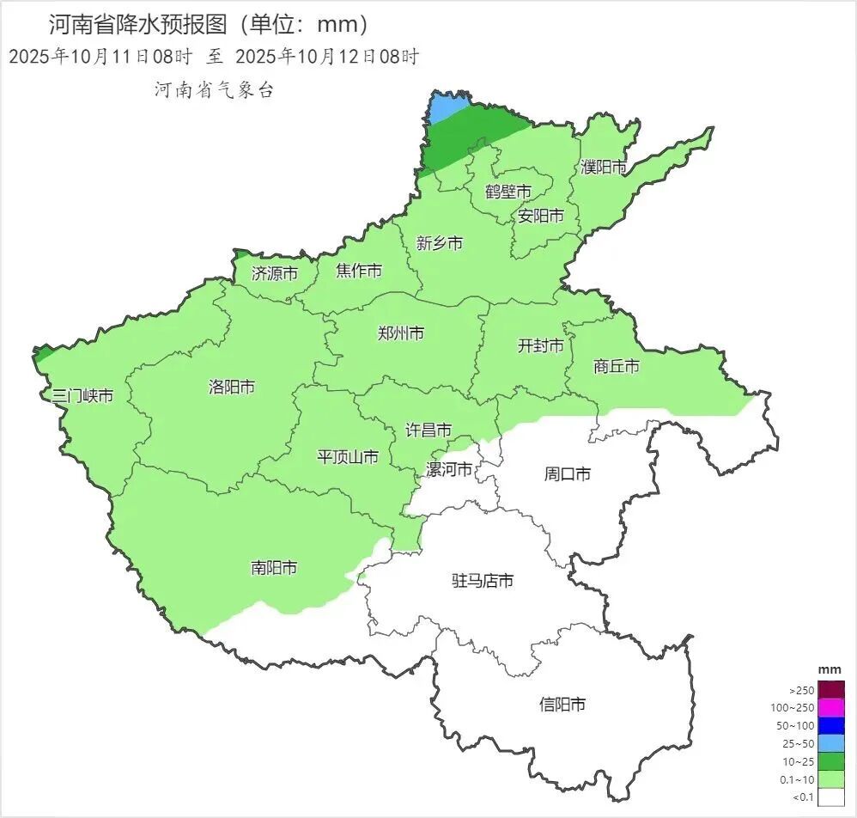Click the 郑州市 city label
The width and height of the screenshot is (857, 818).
(400, 333)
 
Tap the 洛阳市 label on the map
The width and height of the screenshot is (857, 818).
(232, 387)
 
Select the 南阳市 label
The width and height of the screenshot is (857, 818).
(274, 567)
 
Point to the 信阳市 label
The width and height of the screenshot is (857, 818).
(562, 705)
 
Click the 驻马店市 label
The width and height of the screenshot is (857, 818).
(483, 581)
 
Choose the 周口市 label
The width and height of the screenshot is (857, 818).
(568, 473)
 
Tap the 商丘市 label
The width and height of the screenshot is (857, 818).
(617, 366)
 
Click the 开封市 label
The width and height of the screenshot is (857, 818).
(541, 345)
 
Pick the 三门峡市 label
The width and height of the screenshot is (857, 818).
(82, 396)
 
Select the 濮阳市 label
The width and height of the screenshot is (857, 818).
(604, 167)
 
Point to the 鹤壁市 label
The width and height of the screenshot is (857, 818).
(508, 191)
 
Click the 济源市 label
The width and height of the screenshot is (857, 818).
(275, 273)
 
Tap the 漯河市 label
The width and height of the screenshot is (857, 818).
(449, 469)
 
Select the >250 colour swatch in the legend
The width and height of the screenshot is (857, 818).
(830, 690)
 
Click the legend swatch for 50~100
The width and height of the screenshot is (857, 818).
(830, 725)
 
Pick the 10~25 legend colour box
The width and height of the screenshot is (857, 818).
(830, 761)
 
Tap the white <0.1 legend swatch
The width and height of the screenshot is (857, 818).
(830, 797)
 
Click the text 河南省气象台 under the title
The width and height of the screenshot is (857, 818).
(214, 90)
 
